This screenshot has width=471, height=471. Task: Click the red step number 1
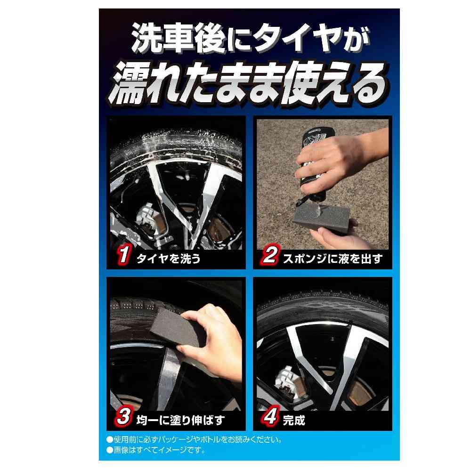pyautogui.click(x=123, y=255)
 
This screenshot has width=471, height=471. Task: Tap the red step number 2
pyautogui.click(x=270, y=255)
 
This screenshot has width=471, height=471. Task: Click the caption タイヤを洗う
pyautogui.click(x=168, y=258)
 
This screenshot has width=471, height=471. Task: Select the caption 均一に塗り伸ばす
pyautogui.click(x=180, y=420)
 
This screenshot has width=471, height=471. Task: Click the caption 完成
pyautogui.click(x=294, y=420)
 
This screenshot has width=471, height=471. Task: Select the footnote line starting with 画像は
pyautogui.click(x=156, y=450)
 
